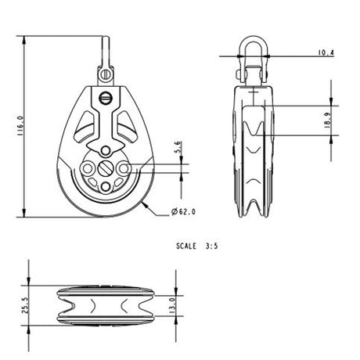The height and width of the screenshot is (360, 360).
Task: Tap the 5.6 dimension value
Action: pyautogui.click(x=178, y=146)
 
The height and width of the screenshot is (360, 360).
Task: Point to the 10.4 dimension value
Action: pyautogui.click(x=325, y=52)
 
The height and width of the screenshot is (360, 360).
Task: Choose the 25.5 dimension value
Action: pyautogui.click(x=25, y=304)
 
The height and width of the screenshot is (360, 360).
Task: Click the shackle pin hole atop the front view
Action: pyautogui.click(x=104, y=74)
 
